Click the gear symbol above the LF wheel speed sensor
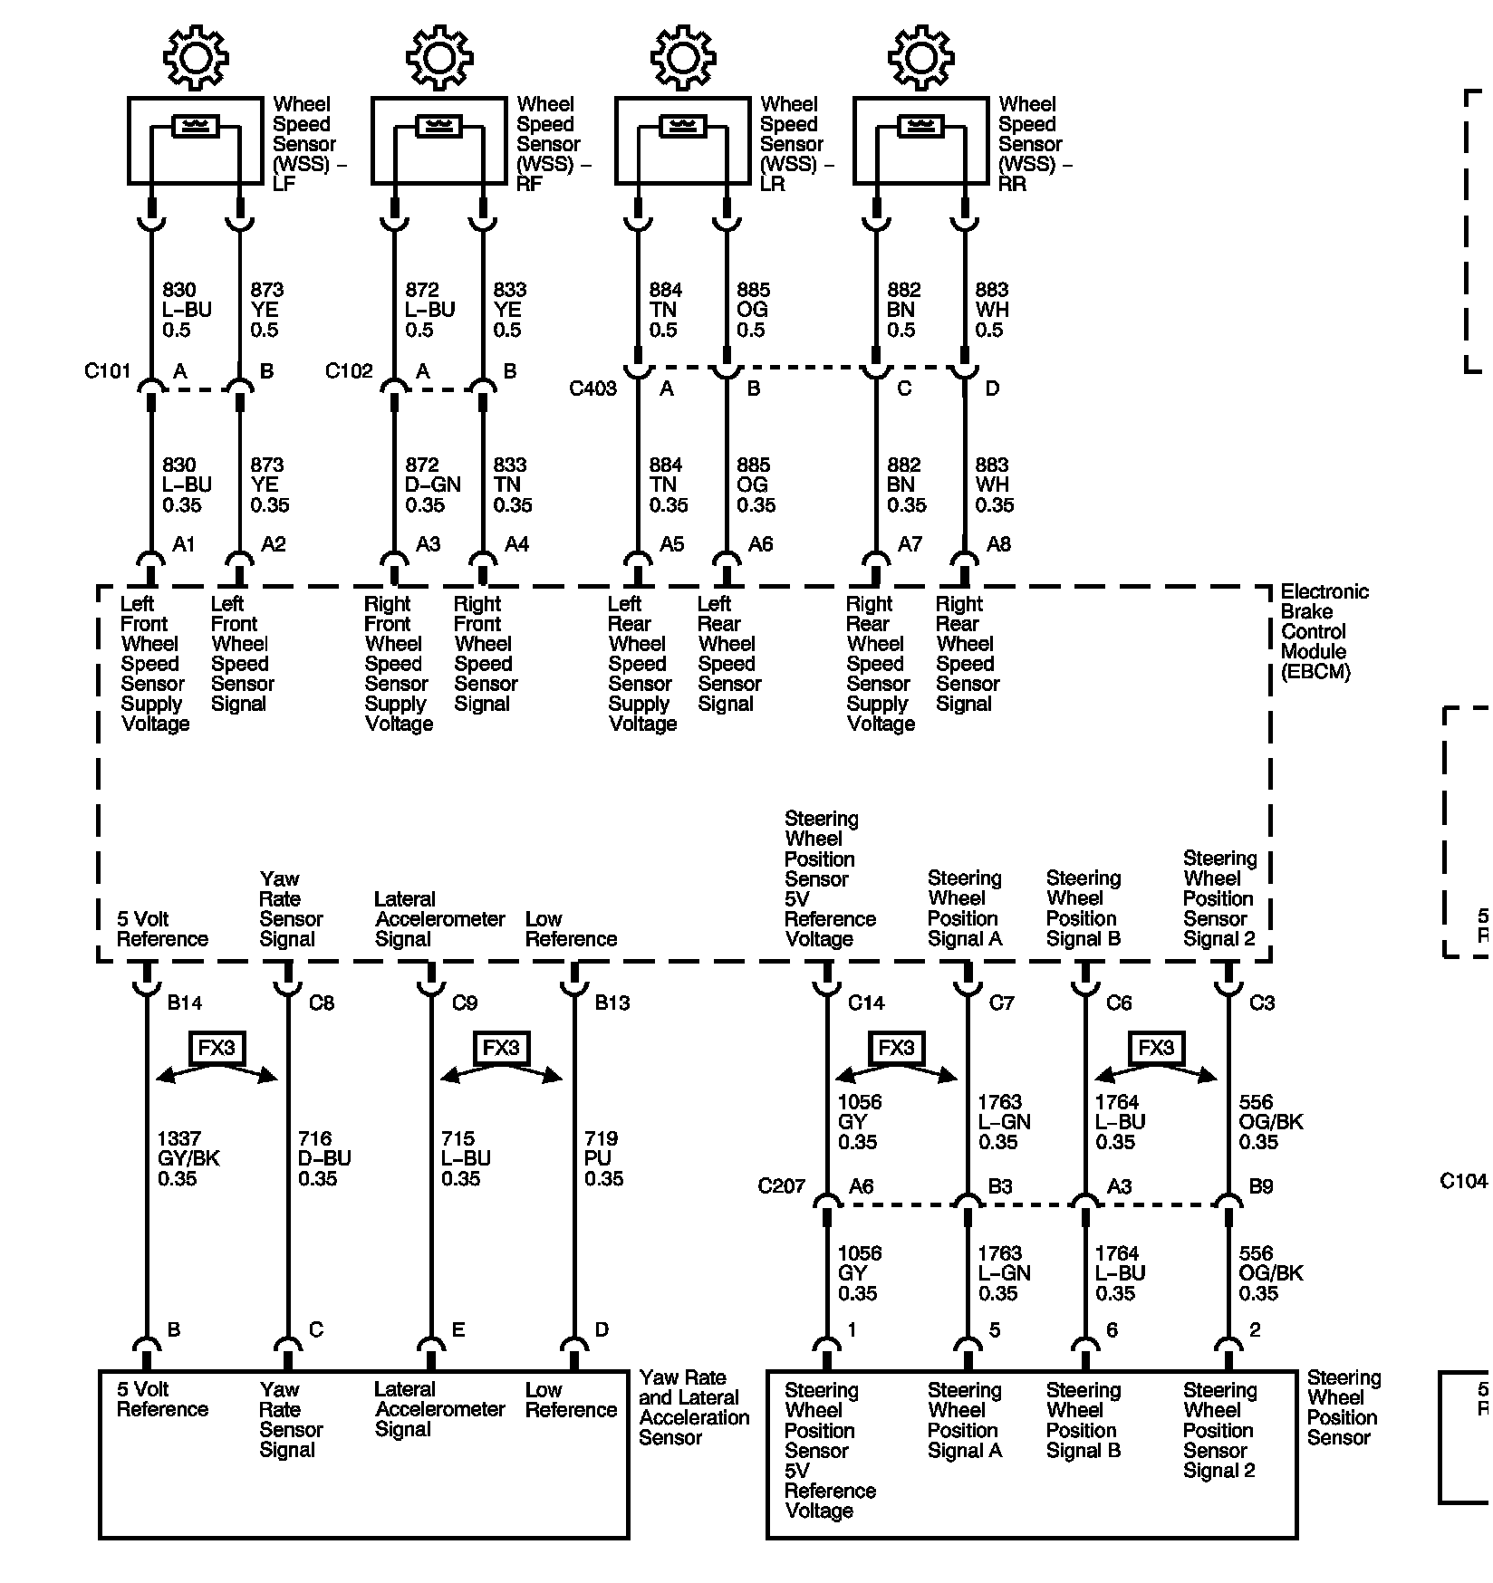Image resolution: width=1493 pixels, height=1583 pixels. pos(196,57)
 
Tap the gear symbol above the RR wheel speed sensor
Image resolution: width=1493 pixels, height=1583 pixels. pos(920,57)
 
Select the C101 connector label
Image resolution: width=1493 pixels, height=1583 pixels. pos(108,371)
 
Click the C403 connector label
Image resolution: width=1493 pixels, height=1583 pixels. pos(592,389)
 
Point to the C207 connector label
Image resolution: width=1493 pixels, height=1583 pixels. pos(781,1186)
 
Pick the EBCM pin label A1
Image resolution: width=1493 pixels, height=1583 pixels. pos(184,544)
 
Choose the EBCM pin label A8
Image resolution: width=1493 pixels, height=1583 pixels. pos(998,544)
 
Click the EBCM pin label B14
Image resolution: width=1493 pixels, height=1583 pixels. pos(184,1003)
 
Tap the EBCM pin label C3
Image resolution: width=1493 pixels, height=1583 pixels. pos(1262,1003)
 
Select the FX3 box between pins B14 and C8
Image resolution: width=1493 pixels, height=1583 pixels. pos(217,1048)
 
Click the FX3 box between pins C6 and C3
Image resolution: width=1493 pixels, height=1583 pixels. pos(1156,1048)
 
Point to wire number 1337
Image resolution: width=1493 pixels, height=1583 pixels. pos(178,1138)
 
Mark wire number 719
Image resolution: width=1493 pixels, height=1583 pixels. pos(601,1138)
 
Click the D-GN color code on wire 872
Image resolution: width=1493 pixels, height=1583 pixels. pos(432,484)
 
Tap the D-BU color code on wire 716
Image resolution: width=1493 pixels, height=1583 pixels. pos(324,1158)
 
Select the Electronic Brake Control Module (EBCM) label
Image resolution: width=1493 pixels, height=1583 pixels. pos(1323,631)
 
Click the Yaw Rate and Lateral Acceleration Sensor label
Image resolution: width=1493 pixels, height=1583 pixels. pos(694,1407)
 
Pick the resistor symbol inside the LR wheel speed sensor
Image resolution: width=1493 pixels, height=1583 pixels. pos(682,126)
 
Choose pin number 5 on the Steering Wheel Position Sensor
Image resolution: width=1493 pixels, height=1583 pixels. pos(995,1330)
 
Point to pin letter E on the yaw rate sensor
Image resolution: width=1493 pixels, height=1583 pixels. pos(458,1330)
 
